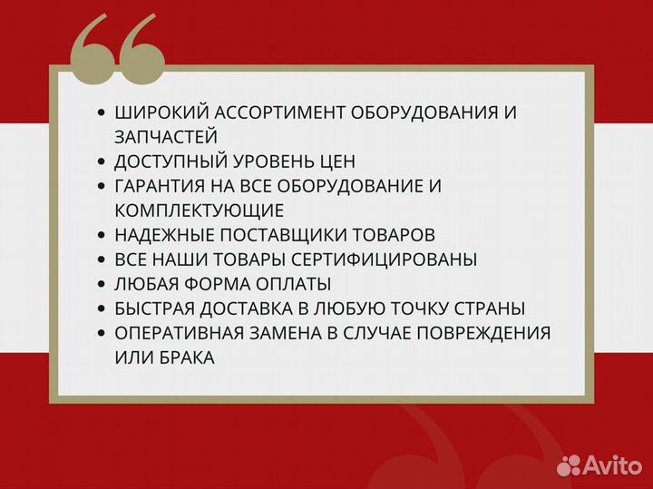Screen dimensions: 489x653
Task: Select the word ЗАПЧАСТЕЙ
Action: (166, 137)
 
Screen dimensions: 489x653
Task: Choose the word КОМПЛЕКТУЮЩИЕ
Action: (200, 210)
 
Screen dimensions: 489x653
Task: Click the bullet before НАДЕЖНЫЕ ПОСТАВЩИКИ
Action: (101, 235)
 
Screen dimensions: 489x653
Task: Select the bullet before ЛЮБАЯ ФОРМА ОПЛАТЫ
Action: (101, 284)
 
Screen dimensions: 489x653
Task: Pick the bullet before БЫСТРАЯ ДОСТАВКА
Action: (101, 308)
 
